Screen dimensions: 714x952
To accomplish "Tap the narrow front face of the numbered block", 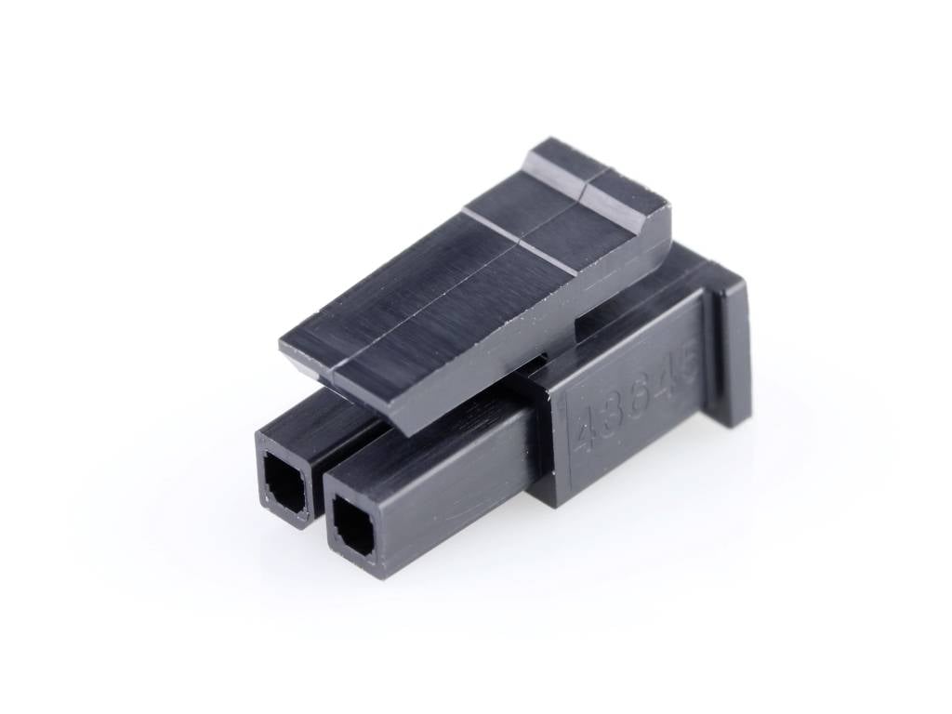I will click(549, 446).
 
